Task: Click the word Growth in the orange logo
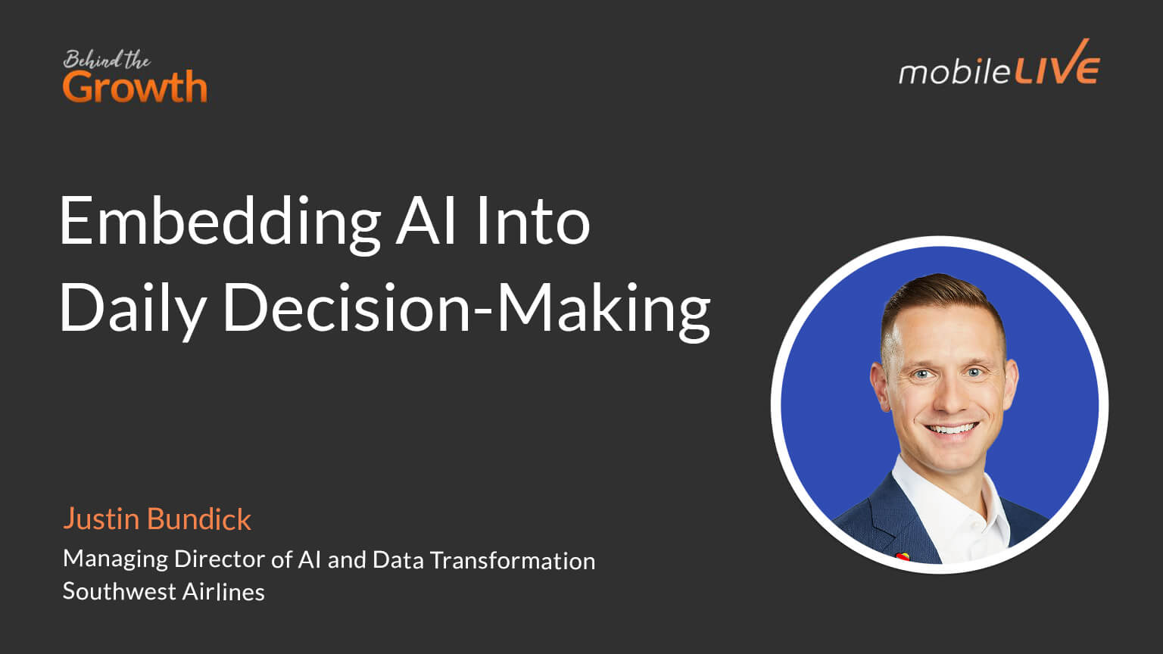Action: pyautogui.click(x=135, y=88)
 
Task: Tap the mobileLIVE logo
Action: pyautogui.click(x=999, y=67)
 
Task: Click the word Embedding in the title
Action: pyautogui.click(x=220, y=222)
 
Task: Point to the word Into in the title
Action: pyautogui.click(x=533, y=222)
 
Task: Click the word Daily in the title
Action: pyautogui.click(x=133, y=309)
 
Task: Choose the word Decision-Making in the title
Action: pyautogui.click(x=466, y=309)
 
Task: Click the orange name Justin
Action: pyautogui.click(x=101, y=519)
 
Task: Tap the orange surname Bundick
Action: pyautogui.click(x=199, y=519)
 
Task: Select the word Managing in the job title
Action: pyautogui.click(x=115, y=559)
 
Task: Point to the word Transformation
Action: pyautogui.click(x=512, y=560)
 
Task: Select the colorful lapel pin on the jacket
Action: pyautogui.click(x=901, y=556)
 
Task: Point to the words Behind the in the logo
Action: pyautogui.click(x=106, y=60)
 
